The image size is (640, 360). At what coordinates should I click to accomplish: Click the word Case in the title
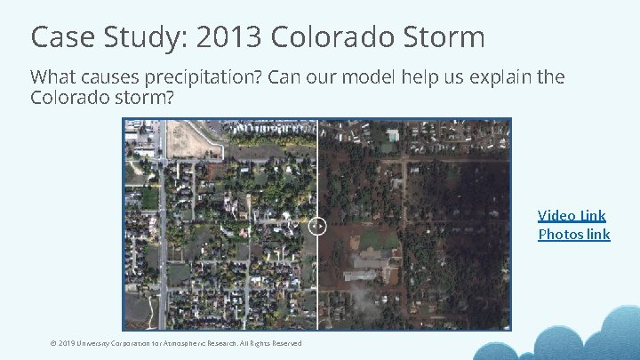[x=59, y=37]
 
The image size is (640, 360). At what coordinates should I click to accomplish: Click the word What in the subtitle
[x=53, y=77]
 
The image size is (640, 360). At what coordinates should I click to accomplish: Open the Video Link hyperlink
[x=572, y=215]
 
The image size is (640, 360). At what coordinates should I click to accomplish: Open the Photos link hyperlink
[x=573, y=235]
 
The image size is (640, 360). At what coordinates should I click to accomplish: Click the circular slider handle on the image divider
[x=317, y=226]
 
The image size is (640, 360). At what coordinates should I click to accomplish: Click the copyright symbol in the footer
[x=52, y=343]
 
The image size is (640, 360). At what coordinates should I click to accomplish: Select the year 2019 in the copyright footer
[x=67, y=343]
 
